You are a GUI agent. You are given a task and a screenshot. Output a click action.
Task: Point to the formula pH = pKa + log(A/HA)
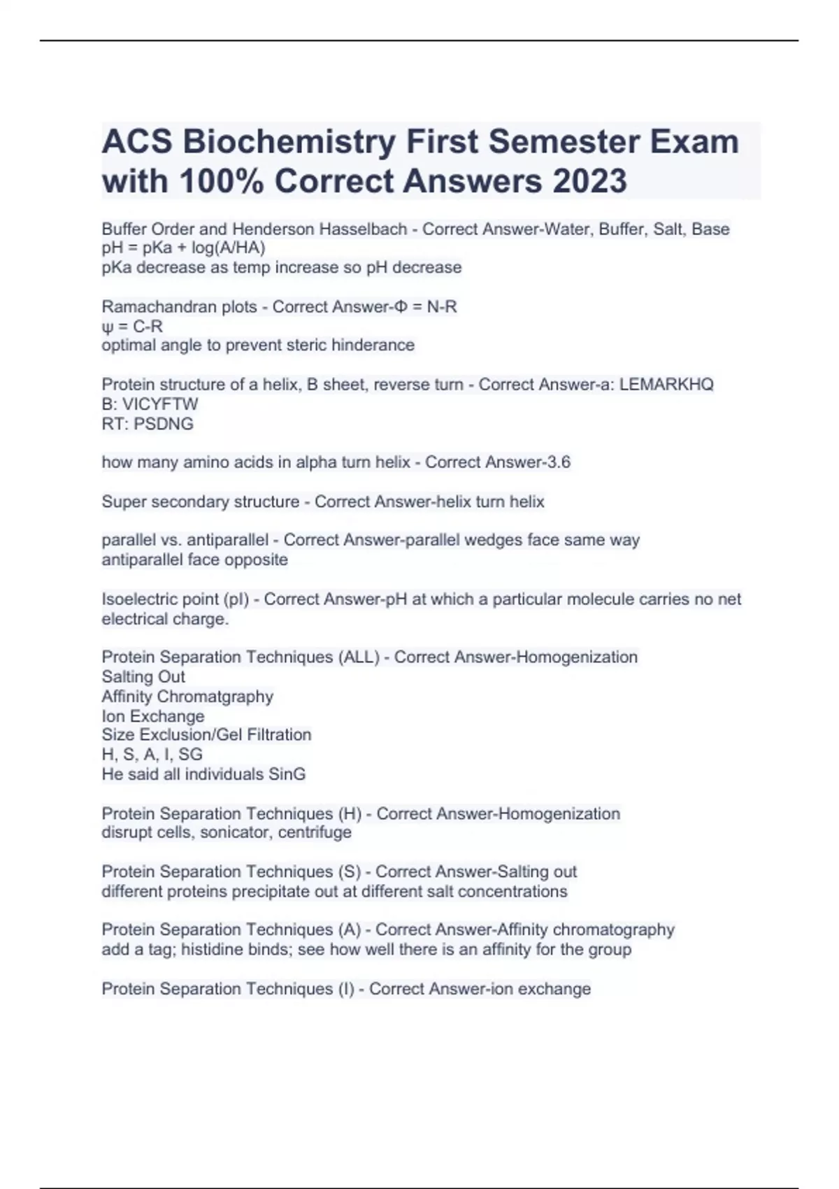coord(183,248)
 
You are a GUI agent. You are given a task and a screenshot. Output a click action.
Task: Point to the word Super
coord(124,501)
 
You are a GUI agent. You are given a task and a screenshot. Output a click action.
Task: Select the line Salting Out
coord(143,676)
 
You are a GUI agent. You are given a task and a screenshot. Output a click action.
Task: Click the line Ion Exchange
coord(153,716)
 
